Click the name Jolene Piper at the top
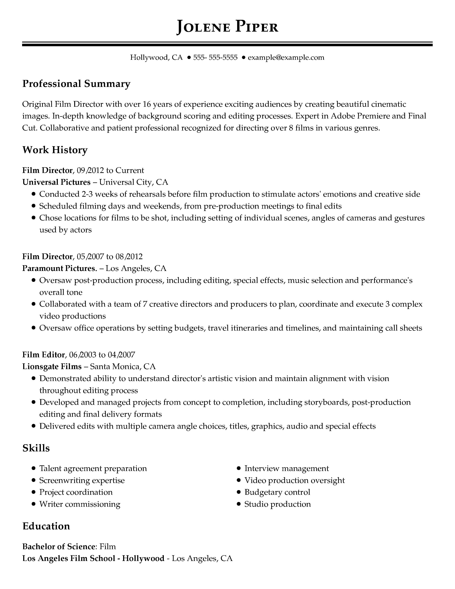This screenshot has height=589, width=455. (x=227, y=27)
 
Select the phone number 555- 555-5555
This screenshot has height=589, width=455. (x=215, y=57)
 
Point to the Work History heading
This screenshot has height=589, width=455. (x=55, y=150)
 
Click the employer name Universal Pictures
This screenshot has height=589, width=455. (x=56, y=182)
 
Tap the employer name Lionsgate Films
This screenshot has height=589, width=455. (x=52, y=366)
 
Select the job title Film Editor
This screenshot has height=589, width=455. (x=44, y=354)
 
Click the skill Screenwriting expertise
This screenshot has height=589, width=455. (x=82, y=480)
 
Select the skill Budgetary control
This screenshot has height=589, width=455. (x=277, y=492)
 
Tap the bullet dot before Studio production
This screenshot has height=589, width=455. (x=239, y=504)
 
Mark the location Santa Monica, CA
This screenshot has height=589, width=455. (x=123, y=366)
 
